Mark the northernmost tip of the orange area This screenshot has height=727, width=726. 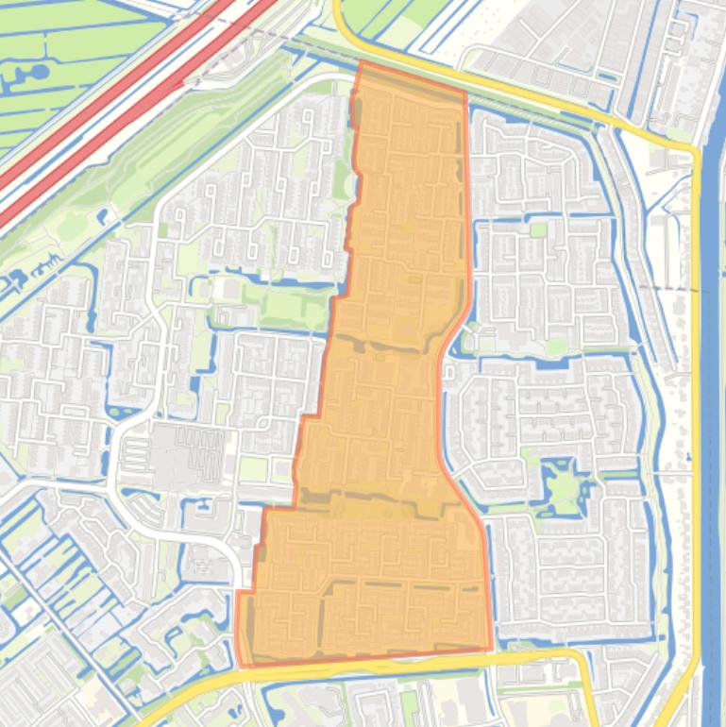360,62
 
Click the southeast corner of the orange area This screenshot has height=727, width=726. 492,649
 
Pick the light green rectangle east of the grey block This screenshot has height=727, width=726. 252,468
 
